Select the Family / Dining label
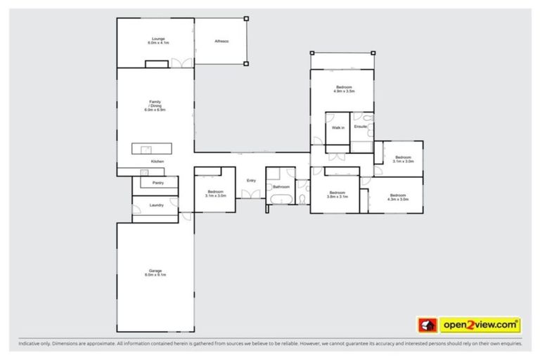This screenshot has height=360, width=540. click(155, 106)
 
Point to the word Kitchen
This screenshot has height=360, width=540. click(157, 162)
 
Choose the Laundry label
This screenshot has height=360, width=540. click(156, 205)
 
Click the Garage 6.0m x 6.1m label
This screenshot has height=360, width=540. click(155, 272)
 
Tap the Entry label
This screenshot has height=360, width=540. click(250, 181)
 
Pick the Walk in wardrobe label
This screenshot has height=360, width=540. click(337, 128)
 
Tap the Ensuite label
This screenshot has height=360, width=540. click(361, 127)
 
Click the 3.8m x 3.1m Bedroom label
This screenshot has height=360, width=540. click(337, 195)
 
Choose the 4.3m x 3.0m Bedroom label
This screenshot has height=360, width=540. click(397, 197)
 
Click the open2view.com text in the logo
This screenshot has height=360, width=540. click(480, 325)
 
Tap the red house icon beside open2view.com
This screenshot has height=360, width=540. click(427, 325)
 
